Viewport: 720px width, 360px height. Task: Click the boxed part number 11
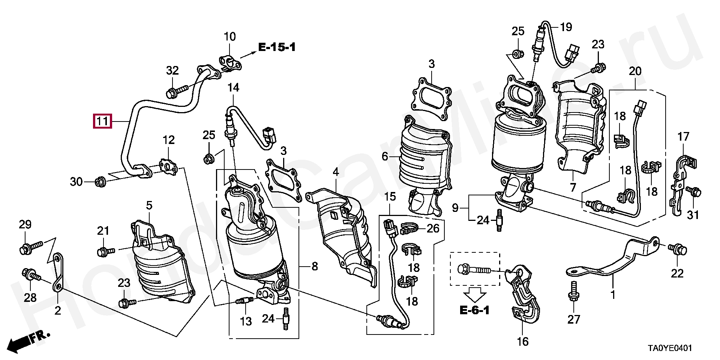102,121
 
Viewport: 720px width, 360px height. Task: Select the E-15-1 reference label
277,47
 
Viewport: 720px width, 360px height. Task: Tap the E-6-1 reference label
474,310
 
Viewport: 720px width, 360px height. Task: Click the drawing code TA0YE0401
670,348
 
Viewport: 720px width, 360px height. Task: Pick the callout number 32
172,70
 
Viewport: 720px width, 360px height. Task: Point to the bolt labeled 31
693,192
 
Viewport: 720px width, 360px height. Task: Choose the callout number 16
523,342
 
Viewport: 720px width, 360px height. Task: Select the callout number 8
315,267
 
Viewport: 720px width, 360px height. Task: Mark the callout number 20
635,71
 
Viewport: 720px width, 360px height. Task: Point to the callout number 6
385,156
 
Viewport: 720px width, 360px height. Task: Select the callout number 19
566,27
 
